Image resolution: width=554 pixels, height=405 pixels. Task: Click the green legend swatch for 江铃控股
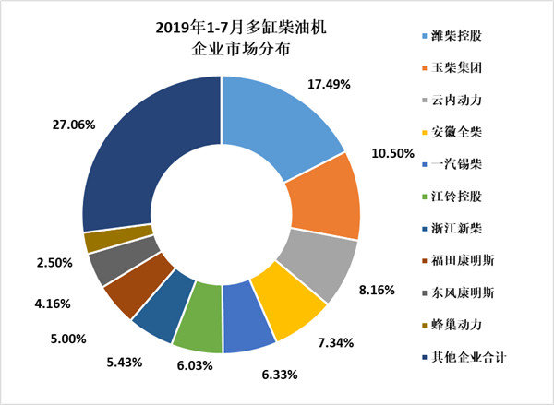click(415, 196)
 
